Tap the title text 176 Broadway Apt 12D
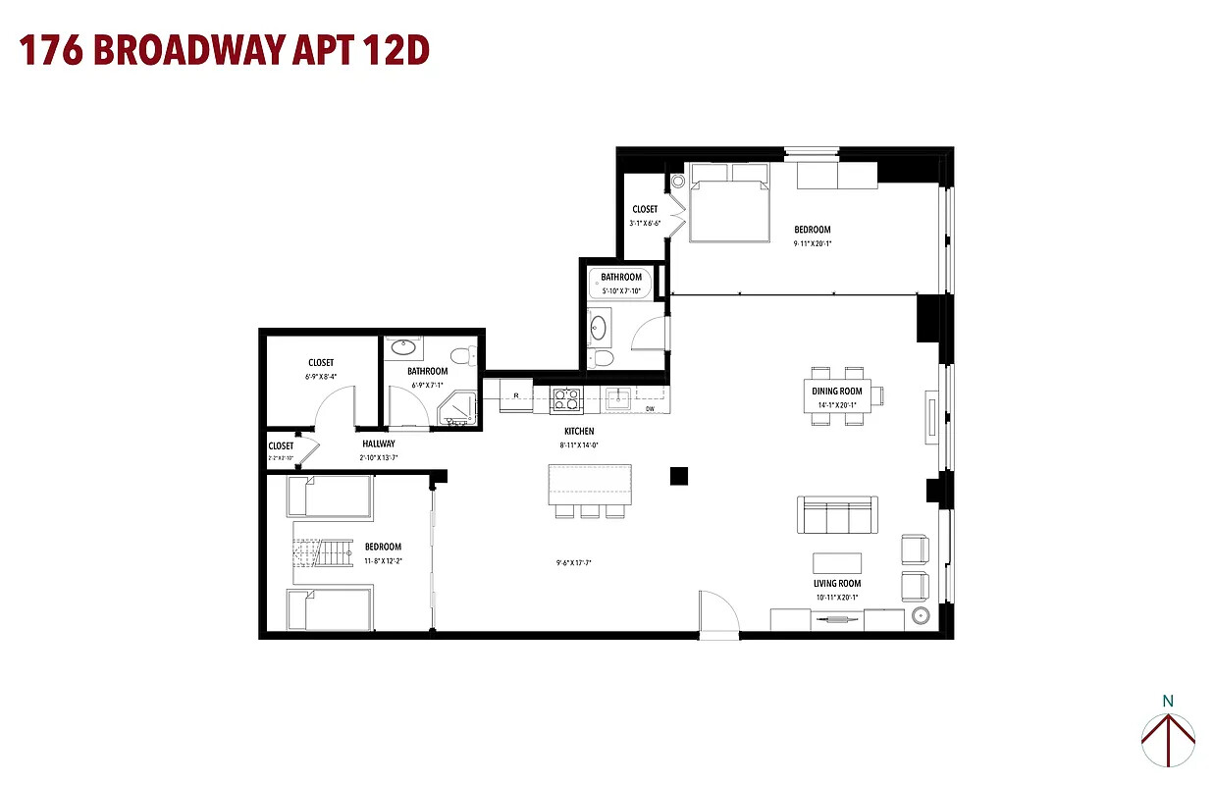(225, 50)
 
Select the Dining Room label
(836, 392)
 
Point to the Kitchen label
(578, 431)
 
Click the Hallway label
(378, 444)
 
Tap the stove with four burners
(567, 398)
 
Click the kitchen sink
(617, 397)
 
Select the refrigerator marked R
(516, 396)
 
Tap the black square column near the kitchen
(679, 476)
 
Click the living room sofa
(837, 514)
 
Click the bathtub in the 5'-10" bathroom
(621, 285)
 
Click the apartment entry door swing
(718, 612)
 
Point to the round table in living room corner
(922, 616)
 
